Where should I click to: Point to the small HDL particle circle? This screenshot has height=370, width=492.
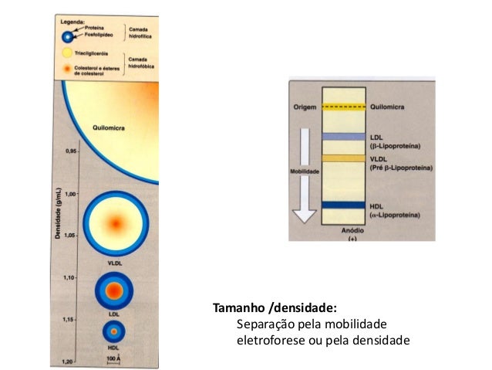(x=114, y=331)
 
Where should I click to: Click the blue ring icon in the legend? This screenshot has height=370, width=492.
(x=69, y=35)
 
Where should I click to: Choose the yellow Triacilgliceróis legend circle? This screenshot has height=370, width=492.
(x=68, y=54)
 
